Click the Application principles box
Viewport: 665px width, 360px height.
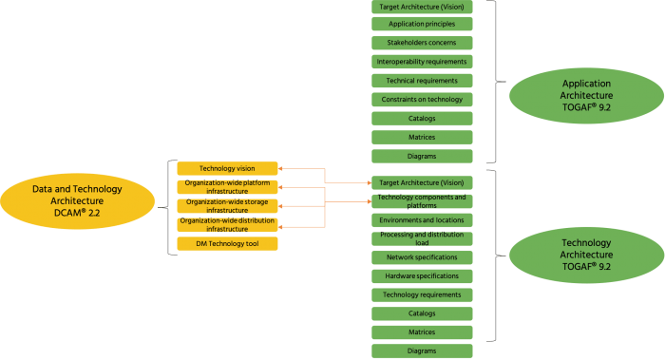[x=421, y=24]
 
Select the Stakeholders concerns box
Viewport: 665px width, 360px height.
[x=421, y=43]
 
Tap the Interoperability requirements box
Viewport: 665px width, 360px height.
[x=421, y=62]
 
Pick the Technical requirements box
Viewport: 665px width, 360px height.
[x=421, y=81]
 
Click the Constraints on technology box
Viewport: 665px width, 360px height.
[x=421, y=99]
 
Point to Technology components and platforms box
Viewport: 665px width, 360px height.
[x=421, y=201]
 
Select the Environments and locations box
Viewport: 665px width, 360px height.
[x=421, y=219]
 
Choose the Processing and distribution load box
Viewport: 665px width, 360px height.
[x=421, y=238]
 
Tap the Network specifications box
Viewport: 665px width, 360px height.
[x=421, y=257]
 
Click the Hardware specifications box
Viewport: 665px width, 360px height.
[x=421, y=275]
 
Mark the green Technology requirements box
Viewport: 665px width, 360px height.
[x=421, y=294]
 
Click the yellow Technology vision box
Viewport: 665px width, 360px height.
[x=227, y=168]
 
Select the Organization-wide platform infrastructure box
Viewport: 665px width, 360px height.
[x=227, y=187]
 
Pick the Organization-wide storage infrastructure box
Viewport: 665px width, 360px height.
[x=227, y=206]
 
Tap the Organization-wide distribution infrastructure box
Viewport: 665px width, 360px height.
[x=227, y=225]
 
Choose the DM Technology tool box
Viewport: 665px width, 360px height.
[x=227, y=244]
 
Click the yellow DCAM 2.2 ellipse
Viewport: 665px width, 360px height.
[x=76, y=200]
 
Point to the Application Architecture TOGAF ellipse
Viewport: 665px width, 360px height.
[x=586, y=96]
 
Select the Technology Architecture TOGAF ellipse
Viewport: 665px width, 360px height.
[x=586, y=255]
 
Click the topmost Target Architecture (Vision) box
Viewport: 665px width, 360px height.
[x=421, y=6]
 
